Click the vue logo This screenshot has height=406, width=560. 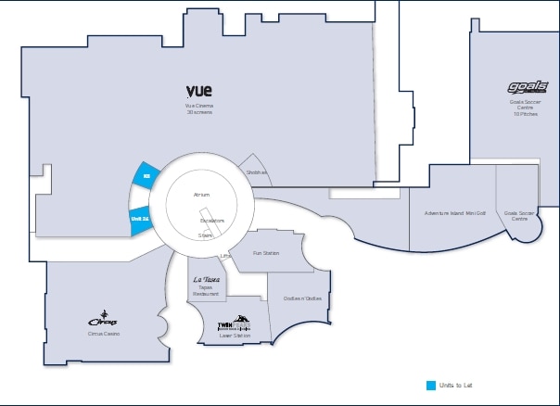click(199, 91)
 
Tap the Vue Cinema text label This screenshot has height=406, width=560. click(199, 106)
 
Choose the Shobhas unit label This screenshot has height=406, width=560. click(257, 172)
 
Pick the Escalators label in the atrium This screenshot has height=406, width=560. click(212, 221)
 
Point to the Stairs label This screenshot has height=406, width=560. click(206, 236)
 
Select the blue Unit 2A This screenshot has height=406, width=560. click(139, 219)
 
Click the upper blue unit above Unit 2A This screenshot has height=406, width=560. click(145, 174)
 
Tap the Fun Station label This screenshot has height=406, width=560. click(266, 252)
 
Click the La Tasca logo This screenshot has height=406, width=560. click(206, 279)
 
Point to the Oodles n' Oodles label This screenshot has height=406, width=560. click(302, 298)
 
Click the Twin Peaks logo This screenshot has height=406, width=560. click(233, 324)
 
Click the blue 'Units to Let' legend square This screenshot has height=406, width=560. click(430, 385)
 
